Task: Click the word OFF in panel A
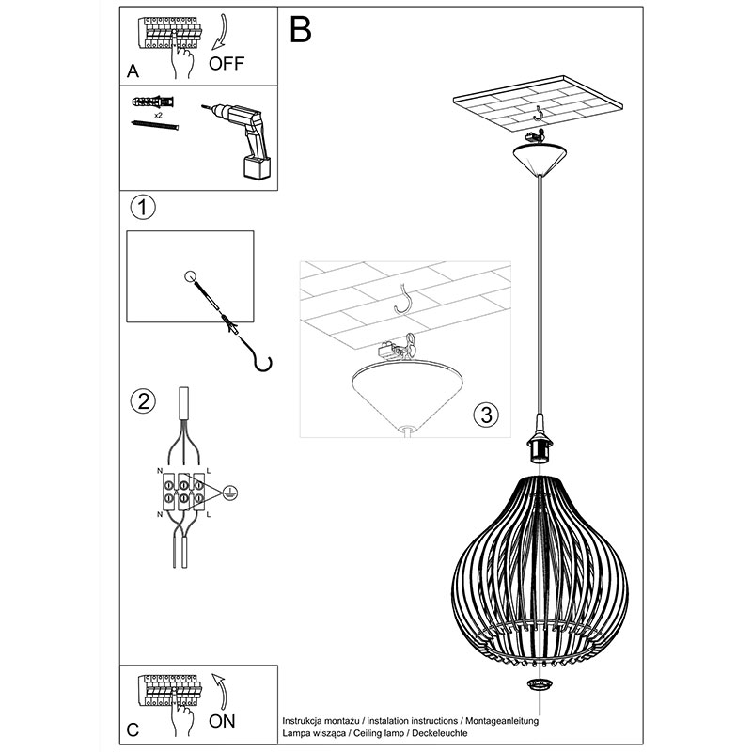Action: coord(227,63)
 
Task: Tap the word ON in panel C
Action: coord(222,721)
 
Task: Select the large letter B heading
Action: coord(301,29)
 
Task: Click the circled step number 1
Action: coord(143,208)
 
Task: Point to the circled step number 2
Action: coord(144,400)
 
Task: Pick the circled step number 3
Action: coord(486,415)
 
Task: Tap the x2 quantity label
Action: coord(158,116)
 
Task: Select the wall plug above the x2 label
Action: coord(153,102)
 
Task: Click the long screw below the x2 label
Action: coord(154,125)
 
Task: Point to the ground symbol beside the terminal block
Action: coord(230,493)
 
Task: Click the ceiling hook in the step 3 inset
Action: coord(403,300)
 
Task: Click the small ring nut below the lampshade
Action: coord(540,684)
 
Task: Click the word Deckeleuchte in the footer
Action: coord(440,733)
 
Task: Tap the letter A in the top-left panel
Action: coord(133,71)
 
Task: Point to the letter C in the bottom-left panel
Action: coord(133,730)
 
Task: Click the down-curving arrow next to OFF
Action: coord(222,32)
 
